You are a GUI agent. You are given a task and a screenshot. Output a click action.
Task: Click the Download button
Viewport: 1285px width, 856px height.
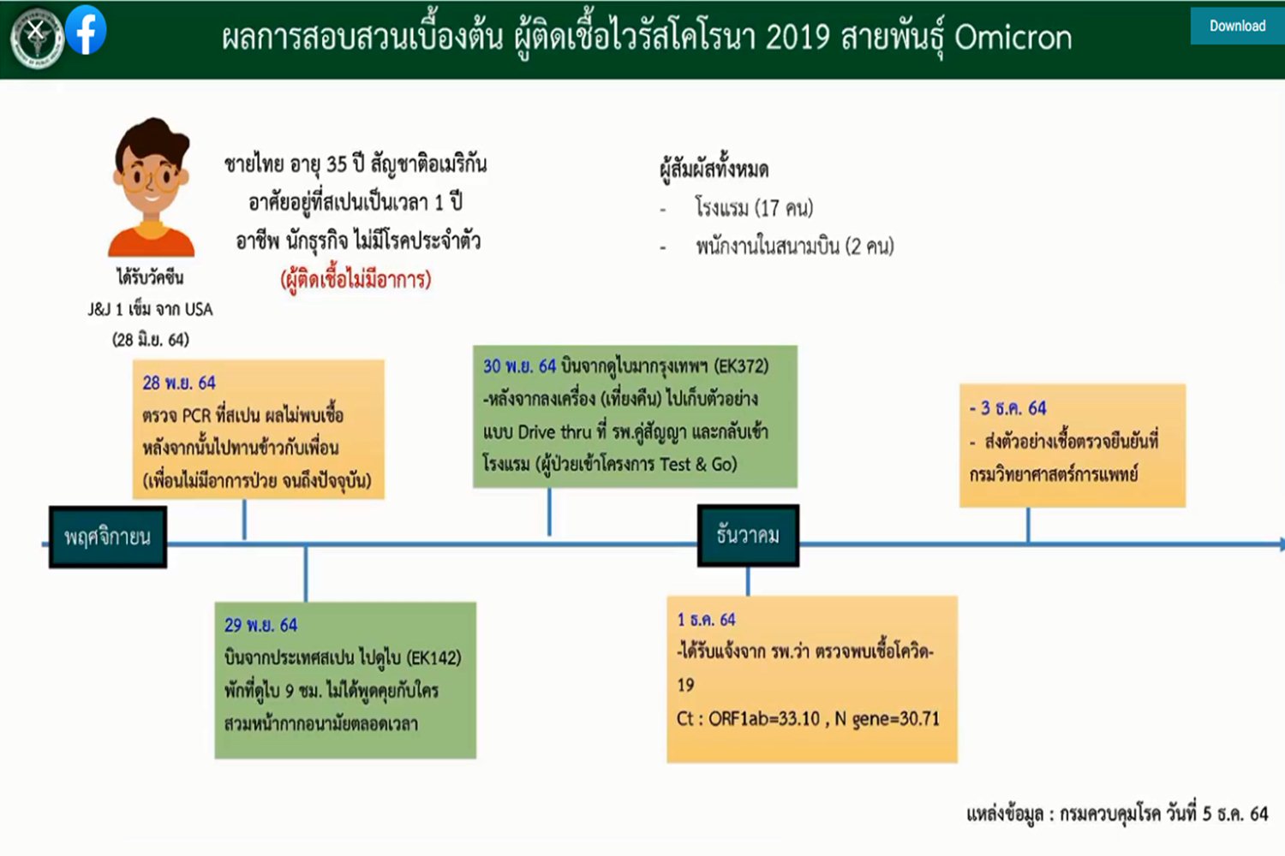1237,26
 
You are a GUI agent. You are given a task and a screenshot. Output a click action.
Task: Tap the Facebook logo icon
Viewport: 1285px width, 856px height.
86,30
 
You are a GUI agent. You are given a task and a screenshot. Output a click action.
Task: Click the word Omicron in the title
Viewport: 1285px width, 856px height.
1013,38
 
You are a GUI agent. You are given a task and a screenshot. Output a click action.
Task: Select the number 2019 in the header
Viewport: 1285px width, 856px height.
798,38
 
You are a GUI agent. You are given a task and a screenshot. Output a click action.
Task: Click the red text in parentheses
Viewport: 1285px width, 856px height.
356,281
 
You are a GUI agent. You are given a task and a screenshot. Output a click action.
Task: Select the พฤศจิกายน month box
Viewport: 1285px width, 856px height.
108,537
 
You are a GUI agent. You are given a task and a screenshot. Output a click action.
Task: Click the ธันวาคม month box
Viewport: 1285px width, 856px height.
748,536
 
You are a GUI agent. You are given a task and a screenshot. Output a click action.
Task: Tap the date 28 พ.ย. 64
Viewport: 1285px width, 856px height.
179,383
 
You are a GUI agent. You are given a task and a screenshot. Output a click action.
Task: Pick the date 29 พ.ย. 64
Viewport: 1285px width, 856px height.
261,625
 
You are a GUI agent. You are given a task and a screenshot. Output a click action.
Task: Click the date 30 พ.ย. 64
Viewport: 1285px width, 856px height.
520,366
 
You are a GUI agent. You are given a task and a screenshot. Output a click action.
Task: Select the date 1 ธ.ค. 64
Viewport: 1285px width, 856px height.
707,620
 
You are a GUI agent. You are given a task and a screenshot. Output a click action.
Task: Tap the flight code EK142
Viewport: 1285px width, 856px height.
433,657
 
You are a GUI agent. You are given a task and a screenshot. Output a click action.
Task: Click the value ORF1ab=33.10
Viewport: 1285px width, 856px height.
764,719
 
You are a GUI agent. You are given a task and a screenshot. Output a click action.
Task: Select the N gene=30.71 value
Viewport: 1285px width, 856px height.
888,719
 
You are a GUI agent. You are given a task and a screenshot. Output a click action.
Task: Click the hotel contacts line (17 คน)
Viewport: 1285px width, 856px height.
754,207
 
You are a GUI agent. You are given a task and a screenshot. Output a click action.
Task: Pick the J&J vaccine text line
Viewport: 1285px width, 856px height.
150,310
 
